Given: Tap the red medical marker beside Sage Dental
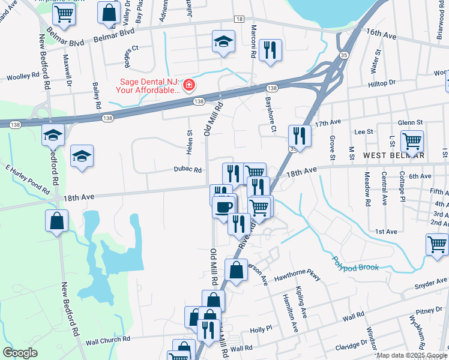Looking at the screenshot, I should pyautogui.click(x=189, y=86).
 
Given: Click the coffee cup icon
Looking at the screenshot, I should pyautogui.click(x=224, y=207).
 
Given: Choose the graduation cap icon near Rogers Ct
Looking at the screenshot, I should pyautogui.click(x=223, y=41).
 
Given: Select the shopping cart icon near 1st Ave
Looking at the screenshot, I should pyautogui.click(x=436, y=244).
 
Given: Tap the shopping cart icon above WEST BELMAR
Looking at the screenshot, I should pyautogui.click(x=412, y=141).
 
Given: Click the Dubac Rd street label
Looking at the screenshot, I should pyautogui.click(x=188, y=170).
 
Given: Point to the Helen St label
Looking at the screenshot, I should pyautogui.click(x=189, y=143).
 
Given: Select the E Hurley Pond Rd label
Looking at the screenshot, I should pyautogui.click(x=28, y=179).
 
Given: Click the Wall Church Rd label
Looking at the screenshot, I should pyautogui.click(x=108, y=340).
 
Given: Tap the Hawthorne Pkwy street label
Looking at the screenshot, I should pyautogui.click(x=297, y=278).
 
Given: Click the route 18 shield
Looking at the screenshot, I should pyautogui.click(x=239, y=20).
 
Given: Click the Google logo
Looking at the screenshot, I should pyautogui.click(x=20, y=353).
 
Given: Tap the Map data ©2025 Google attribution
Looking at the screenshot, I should pyautogui.click(x=412, y=355).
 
